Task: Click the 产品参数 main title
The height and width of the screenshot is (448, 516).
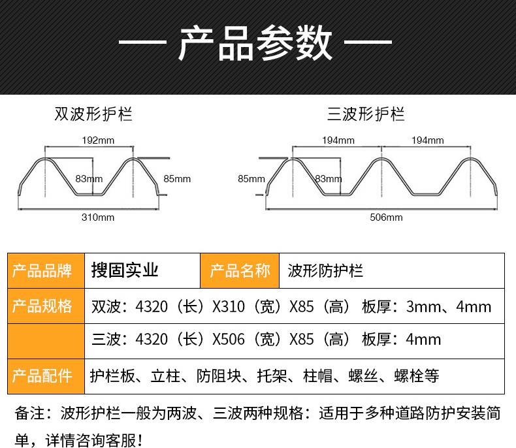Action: [255, 42]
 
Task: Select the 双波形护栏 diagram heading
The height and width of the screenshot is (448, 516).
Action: [93, 114]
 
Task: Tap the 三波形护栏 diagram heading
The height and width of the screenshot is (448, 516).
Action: [366, 114]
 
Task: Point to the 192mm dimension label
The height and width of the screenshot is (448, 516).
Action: [98, 140]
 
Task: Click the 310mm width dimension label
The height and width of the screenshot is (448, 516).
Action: [98, 217]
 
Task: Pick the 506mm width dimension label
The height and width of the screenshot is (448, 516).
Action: [386, 217]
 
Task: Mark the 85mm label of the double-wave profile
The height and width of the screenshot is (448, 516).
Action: [177, 179]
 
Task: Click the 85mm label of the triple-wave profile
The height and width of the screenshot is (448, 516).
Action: [251, 179]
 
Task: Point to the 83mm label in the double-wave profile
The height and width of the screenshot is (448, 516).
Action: [89, 179]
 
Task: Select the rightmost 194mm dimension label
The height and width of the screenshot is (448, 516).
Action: [427, 140]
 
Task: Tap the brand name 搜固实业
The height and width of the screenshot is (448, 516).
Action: [125, 270]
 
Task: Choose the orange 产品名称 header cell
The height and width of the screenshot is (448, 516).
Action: [240, 271]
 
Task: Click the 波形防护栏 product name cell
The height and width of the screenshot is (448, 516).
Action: [325, 271]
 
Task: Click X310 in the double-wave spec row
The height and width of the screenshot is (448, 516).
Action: [229, 306]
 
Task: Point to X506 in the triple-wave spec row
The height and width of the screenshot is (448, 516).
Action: [229, 339]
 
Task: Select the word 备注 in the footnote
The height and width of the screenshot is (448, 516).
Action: [29, 413]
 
